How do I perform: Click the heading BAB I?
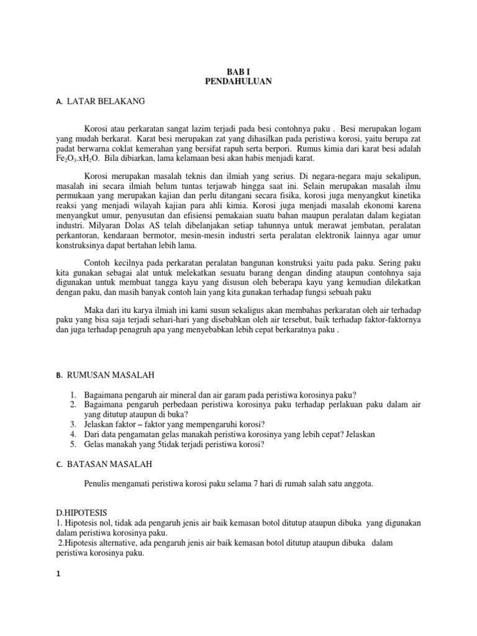pos(238,71)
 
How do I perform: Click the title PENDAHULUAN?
pos(238,81)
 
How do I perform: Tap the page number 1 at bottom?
pos(58,575)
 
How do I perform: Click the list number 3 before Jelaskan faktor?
pos(72,424)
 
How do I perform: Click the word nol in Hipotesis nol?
pos(104,522)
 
